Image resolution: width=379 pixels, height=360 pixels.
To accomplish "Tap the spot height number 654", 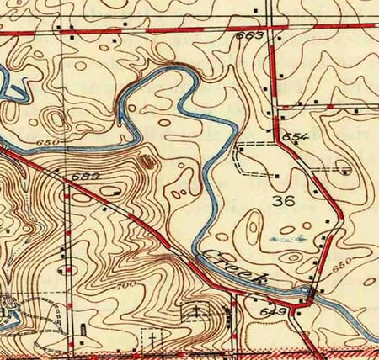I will point(291,136).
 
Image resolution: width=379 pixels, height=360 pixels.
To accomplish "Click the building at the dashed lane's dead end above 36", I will point(278,175).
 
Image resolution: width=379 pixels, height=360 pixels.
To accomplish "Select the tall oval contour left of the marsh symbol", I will point(250,225).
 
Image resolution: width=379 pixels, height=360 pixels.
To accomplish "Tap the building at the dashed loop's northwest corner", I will point(240,144).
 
